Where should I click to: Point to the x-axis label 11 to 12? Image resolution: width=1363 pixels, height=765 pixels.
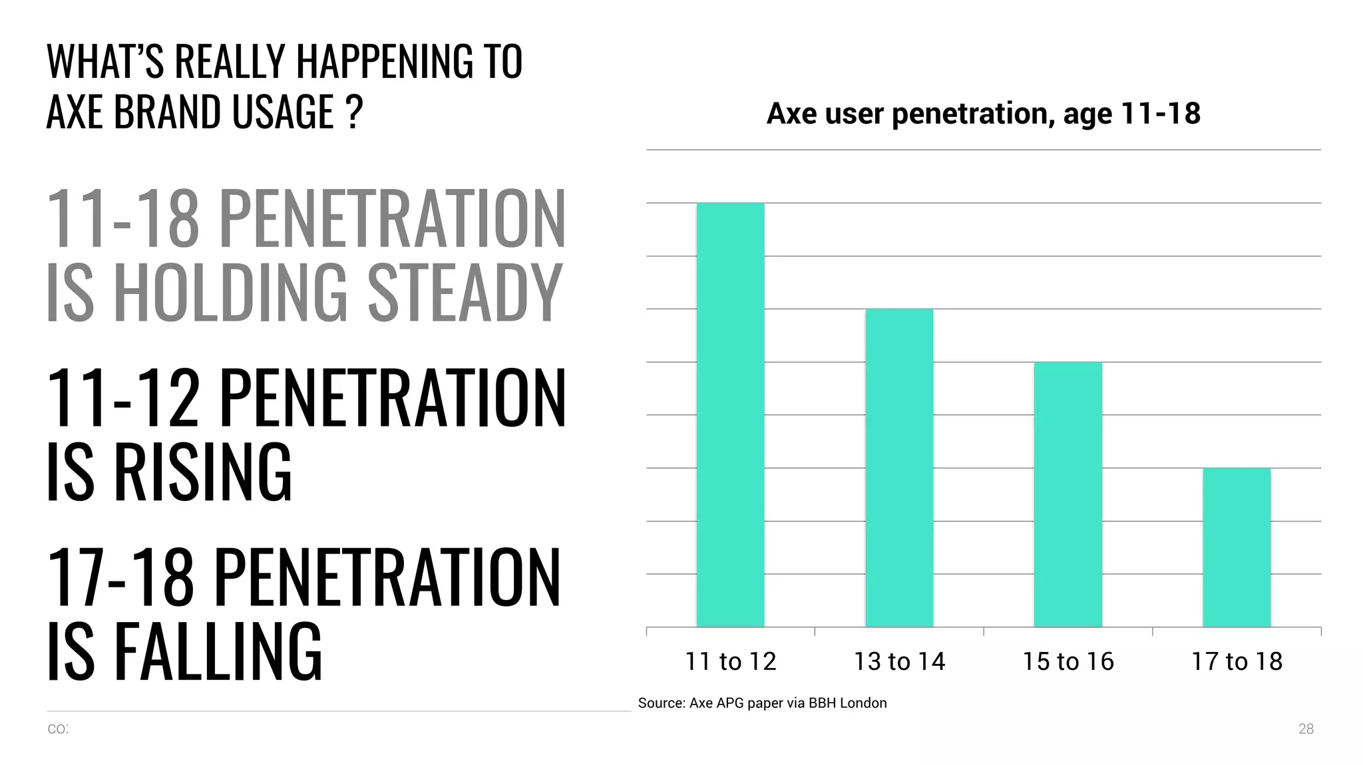tap(731, 661)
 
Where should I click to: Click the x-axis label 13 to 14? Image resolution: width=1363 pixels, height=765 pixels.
tap(899, 661)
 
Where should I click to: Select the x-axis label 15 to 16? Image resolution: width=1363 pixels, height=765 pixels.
tap(1068, 661)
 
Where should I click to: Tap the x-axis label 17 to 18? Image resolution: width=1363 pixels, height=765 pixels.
tap(1237, 661)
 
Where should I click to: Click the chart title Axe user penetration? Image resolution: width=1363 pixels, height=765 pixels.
tap(983, 113)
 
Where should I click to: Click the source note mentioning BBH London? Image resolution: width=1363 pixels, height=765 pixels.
tap(762, 703)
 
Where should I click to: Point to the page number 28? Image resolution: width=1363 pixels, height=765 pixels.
tap(1306, 729)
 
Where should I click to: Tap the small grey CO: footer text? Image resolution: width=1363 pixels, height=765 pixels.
tap(58, 729)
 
